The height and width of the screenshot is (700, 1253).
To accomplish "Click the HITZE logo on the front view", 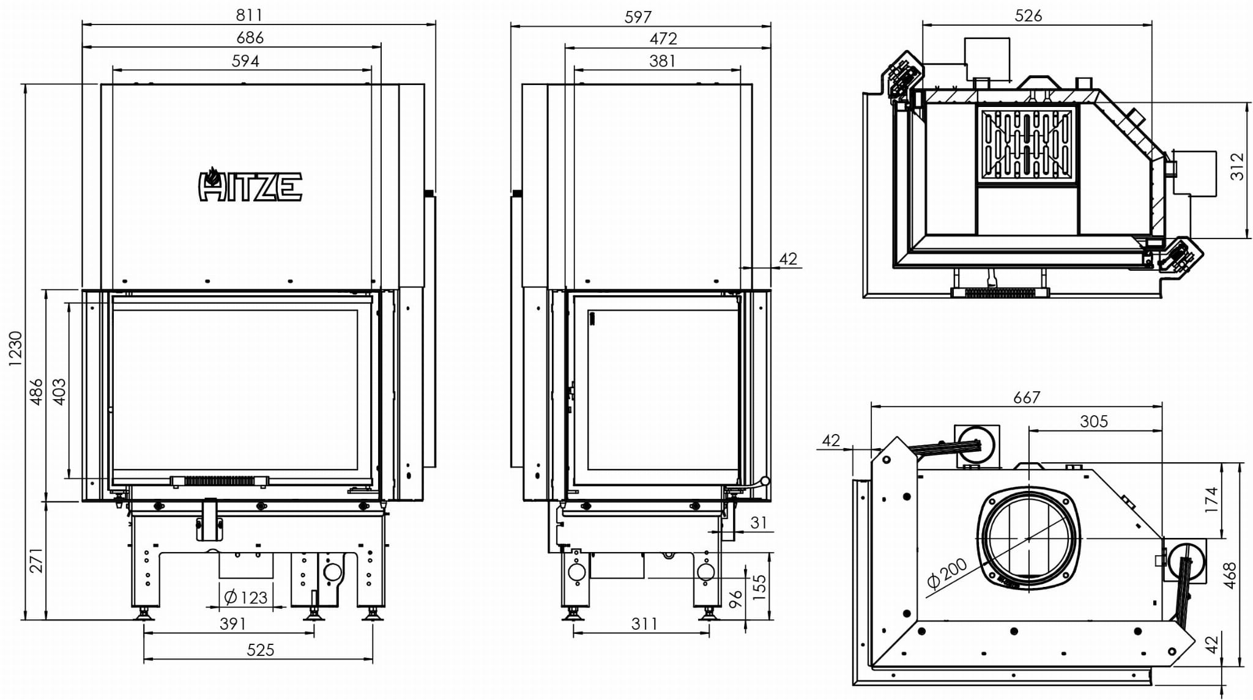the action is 250,185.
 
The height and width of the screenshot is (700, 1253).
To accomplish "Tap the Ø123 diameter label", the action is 246,597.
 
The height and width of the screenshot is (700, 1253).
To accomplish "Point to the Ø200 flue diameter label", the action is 946,574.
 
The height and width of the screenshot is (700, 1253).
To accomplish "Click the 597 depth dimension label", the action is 638,17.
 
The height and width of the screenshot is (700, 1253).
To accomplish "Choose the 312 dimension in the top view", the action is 1237,166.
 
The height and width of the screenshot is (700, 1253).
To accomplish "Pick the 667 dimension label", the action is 1026,397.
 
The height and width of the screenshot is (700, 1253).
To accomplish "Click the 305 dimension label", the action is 1093,421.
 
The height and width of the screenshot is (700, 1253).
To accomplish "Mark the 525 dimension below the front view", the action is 260,650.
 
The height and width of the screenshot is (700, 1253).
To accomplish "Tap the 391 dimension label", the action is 232,624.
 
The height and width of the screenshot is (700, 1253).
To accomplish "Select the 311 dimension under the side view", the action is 644,624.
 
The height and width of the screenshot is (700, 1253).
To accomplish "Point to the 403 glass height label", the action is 59,391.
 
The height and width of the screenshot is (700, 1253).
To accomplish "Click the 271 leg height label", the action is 37,560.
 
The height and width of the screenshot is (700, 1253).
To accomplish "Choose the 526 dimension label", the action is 1028,15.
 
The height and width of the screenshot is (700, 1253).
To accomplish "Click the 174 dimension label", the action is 1211,500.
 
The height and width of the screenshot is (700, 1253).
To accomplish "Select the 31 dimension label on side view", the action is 759,523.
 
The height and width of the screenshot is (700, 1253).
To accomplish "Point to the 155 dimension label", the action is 759,588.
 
